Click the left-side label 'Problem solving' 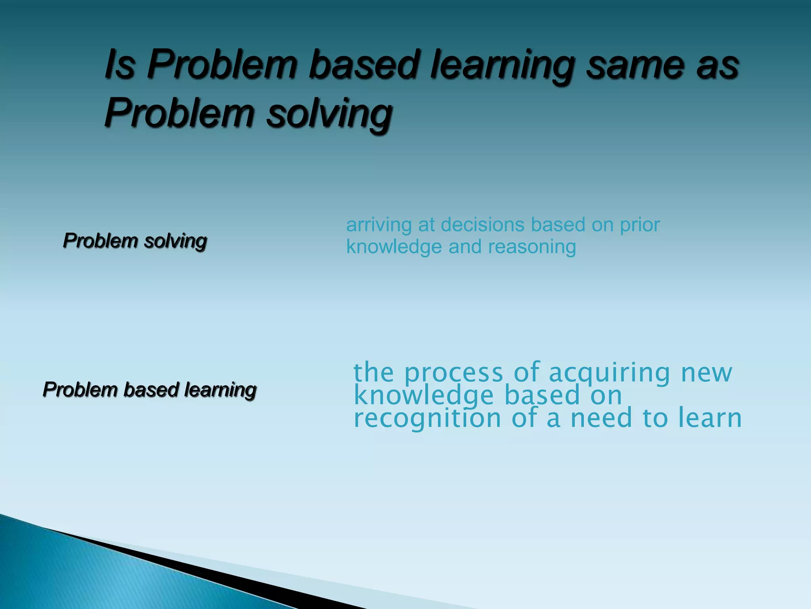pyautogui.click(x=135, y=241)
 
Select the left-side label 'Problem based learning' pyautogui.click(x=150, y=389)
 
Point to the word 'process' pyautogui.click(x=453, y=373)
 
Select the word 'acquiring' pyautogui.click(x=609, y=373)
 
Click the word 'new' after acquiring pyautogui.click(x=706, y=373)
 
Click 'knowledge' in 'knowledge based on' pyautogui.click(x=424, y=396)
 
